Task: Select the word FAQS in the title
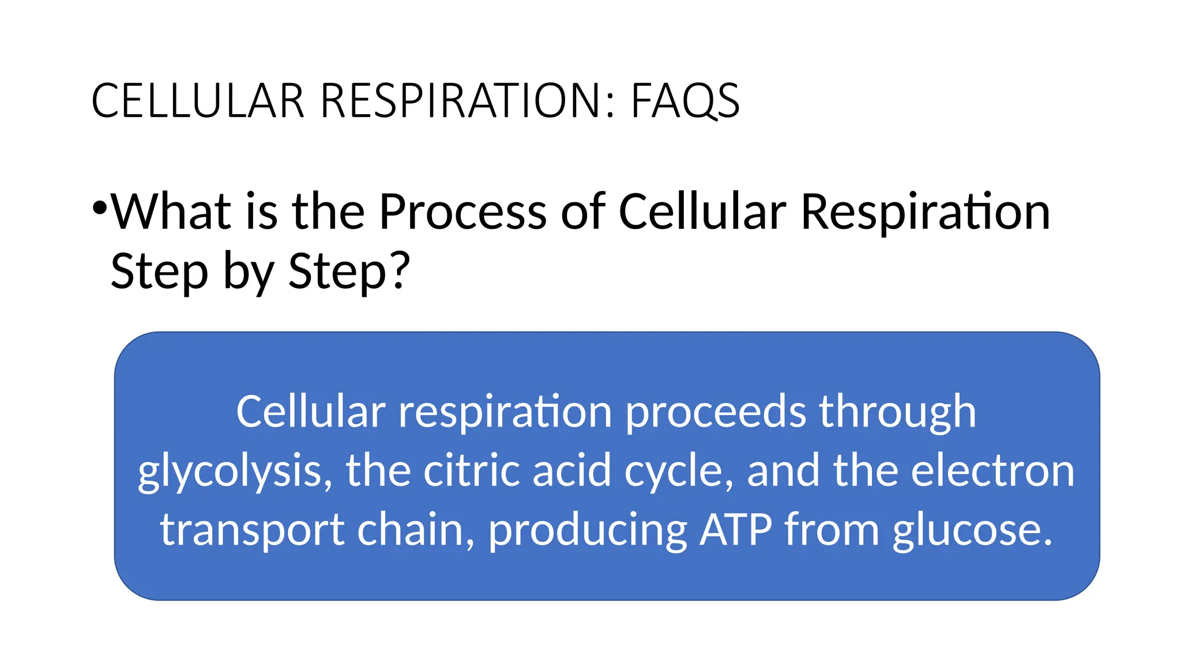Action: tap(685, 101)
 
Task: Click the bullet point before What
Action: tap(99, 207)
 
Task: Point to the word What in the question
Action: tap(171, 212)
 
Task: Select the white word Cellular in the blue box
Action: tap(310, 412)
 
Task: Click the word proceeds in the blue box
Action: tap(716, 413)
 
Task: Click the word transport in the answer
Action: tap(253, 530)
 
